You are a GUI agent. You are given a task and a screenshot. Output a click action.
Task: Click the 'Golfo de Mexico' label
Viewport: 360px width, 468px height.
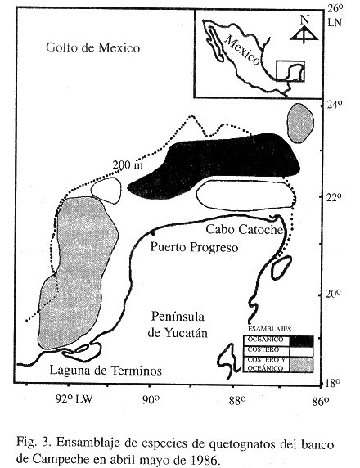tap(92, 47)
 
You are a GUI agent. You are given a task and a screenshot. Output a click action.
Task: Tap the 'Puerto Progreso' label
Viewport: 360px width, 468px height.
tap(194, 247)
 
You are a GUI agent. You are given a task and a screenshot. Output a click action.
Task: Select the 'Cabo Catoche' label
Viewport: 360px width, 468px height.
tap(245, 230)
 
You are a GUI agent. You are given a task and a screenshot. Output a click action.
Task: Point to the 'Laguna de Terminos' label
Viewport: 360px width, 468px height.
tap(106, 371)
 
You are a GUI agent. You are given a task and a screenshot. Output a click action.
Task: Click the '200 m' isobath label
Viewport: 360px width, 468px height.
tap(128, 164)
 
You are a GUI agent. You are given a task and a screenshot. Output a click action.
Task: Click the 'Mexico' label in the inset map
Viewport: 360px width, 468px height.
tap(242, 50)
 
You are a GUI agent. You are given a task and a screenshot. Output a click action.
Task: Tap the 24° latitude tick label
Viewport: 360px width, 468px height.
tap(334, 105)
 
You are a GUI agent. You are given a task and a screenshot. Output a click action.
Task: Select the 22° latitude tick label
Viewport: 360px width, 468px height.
tap(333, 197)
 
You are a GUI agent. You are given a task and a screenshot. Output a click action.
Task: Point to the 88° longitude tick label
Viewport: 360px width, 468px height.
tap(237, 400)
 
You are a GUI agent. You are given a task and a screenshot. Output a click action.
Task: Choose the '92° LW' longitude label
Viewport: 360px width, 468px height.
tap(74, 398)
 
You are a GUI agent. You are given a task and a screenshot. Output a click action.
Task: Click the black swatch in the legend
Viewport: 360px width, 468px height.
tap(301, 341)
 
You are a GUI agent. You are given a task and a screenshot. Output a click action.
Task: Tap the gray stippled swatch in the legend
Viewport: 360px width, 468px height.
tap(301, 364)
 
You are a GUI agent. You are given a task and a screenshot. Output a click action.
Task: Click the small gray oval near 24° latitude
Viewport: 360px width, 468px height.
tap(300, 123)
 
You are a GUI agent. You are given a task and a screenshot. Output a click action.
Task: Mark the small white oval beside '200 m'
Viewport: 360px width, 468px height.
tap(106, 191)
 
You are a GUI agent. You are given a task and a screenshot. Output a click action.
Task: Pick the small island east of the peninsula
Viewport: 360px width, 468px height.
tap(281, 268)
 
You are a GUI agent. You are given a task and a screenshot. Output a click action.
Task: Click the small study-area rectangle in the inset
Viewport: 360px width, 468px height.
tap(290, 71)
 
